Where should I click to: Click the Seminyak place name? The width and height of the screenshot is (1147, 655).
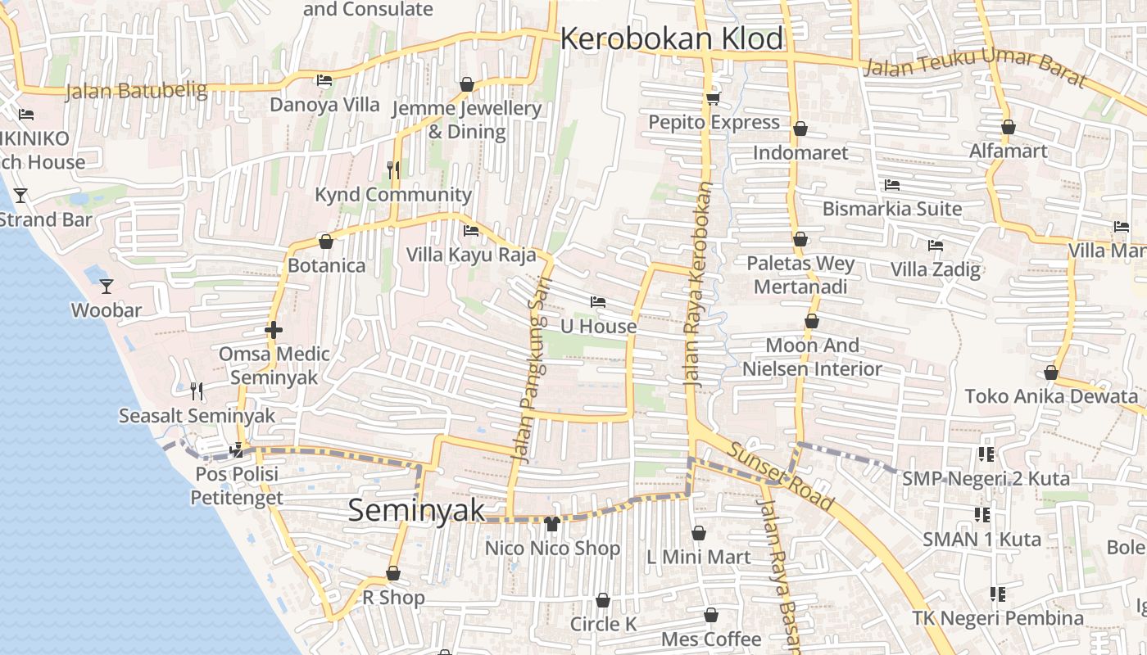(x=416, y=509)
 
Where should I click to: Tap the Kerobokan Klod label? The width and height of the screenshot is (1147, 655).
(x=671, y=38)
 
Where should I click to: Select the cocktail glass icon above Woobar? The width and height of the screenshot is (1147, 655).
(x=106, y=286)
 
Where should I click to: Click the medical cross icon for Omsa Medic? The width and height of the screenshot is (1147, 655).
(x=274, y=330)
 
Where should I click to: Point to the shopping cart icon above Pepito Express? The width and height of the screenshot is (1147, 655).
(x=713, y=98)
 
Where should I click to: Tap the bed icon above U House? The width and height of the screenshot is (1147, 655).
(x=598, y=302)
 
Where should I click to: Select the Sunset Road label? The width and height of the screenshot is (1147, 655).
(x=779, y=477)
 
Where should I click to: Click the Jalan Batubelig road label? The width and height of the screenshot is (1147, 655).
(x=136, y=90)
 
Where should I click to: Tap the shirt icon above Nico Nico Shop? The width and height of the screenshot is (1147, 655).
(x=552, y=523)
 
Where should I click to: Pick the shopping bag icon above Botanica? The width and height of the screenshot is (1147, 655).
(x=326, y=242)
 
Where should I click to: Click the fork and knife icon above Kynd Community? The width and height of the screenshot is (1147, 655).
(x=393, y=169)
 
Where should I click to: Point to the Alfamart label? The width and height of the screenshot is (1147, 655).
(x=1008, y=151)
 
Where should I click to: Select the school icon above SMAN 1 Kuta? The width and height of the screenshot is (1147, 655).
(x=982, y=515)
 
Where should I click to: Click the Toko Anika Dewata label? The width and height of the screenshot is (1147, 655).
(x=1051, y=396)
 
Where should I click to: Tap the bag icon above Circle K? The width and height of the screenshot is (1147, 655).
(x=603, y=600)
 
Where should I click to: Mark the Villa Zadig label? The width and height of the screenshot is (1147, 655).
(x=935, y=269)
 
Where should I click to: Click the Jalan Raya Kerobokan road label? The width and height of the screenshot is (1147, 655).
(x=698, y=285)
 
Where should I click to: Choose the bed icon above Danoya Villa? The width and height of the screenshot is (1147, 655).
(x=324, y=80)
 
